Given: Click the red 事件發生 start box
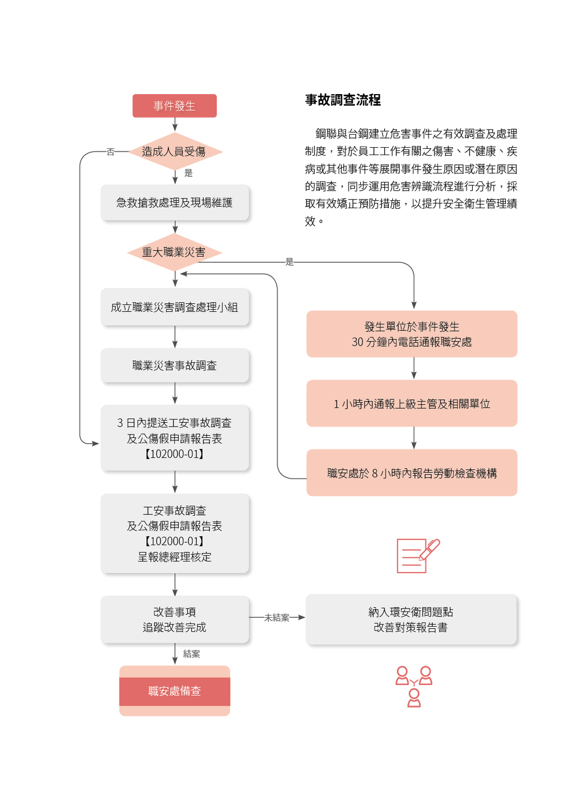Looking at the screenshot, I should click(174, 106).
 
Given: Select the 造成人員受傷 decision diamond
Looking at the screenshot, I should click(174, 152).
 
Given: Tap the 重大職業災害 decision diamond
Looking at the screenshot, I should click(174, 252).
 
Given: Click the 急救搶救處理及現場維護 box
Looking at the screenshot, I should click(175, 202).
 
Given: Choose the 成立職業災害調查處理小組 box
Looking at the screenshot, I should click(175, 307).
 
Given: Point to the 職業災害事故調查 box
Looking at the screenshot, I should click(175, 366).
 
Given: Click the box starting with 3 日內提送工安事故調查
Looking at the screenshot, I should click(175, 438).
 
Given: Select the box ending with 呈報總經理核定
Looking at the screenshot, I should click(175, 533).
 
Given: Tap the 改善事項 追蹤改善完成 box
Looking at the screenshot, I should click(175, 619).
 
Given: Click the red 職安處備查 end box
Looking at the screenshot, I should click(175, 691).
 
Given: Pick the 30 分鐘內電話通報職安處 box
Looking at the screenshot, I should click(412, 334).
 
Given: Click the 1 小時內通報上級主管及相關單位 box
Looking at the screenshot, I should click(412, 404).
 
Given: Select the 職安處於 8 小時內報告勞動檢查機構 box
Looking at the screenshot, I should click(412, 473).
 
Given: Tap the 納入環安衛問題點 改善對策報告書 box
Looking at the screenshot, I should click(411, 619).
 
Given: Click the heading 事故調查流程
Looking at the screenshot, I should click(343, 100).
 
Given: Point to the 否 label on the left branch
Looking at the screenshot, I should click(111, 152).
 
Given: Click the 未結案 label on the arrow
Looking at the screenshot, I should click(277, 618).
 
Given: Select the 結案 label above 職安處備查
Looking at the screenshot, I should click(192, 654).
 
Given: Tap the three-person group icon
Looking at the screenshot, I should click(414, 686).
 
